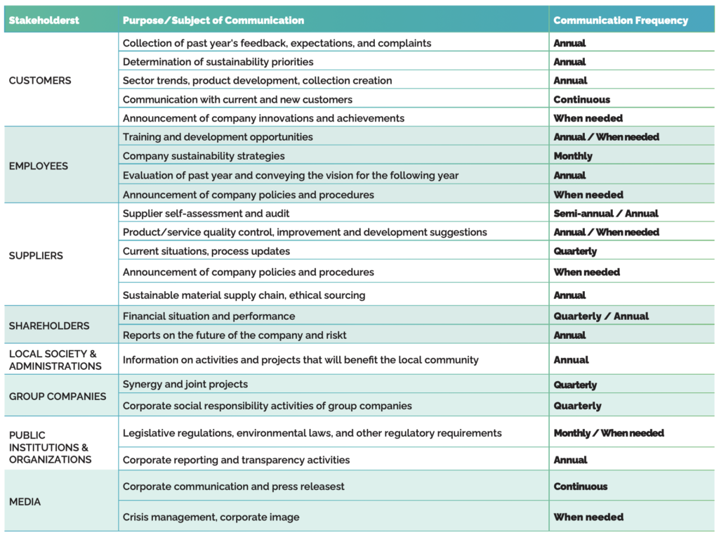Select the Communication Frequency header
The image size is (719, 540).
[621, 20]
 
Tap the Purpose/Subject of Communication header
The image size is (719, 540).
[213, 20]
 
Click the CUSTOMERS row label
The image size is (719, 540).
[40, 80]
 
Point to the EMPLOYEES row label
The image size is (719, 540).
[39, 166]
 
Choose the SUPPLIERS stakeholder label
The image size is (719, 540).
[36, 255]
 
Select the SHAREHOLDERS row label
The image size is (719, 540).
[49, 326]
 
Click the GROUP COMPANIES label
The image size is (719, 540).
[58, 396]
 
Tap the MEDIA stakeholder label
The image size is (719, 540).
[25, 501]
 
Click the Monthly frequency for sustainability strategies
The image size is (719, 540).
[573, 156]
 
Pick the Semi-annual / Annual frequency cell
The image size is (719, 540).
[606, 213]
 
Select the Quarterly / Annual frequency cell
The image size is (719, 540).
[601, 316]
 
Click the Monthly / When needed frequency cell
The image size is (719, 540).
[609, 433]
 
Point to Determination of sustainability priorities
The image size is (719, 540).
[218, 62]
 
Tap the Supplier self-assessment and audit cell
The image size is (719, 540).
[206, 213]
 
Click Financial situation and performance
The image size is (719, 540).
[209, 316]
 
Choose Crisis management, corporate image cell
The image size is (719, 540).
[211, 517]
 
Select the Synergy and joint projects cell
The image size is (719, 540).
[185, 385]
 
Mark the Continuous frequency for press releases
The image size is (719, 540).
[581, 487]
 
